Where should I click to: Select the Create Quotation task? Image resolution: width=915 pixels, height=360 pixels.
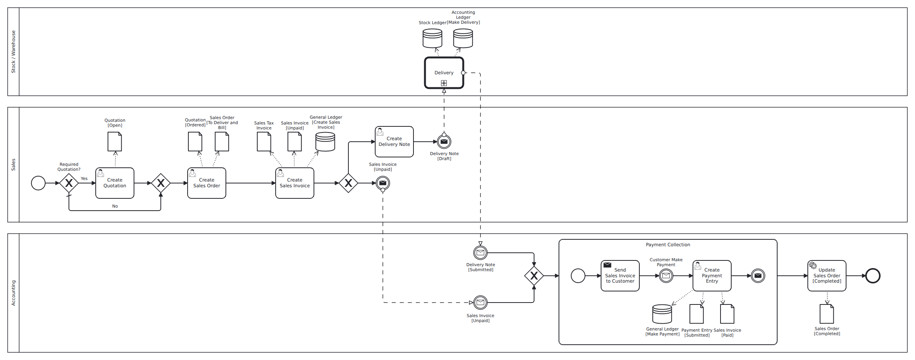tap(114, 183)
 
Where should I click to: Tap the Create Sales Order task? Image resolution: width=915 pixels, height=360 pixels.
tap(206, 183)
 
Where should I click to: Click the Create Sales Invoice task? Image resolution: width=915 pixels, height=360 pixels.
tap(294, 183)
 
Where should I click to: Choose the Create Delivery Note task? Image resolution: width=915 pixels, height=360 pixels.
tap(394, 142)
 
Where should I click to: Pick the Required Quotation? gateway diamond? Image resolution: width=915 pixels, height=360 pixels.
tap(69, 183)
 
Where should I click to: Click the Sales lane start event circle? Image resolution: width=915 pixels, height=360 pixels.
tap(38, 183)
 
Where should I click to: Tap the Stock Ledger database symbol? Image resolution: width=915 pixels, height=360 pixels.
tap(432, 38)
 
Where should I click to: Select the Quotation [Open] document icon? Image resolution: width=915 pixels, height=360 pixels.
tap(114, 142)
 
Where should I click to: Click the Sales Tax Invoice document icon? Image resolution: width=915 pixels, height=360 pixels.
tap(264, 142)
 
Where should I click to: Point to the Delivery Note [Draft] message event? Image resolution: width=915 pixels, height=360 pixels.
tap(444, 142)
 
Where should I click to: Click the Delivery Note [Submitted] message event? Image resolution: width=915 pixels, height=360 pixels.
tap(480, 253)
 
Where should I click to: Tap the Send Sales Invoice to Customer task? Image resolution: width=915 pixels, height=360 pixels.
tap(620, 276)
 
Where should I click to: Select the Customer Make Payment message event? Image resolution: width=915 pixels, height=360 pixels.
tap(666, 276)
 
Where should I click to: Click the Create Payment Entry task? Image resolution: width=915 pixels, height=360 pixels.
tap(712, 276)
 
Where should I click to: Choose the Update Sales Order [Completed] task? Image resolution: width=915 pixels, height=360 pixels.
tap(827, 276)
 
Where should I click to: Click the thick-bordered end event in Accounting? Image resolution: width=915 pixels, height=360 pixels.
tap(873, 276)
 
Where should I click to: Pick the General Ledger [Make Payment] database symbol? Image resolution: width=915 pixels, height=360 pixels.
tap(662, 314)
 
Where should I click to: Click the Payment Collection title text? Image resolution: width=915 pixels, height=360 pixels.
tap(668, 245)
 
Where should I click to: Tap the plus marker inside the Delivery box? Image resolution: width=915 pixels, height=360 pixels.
tap(444, 83)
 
